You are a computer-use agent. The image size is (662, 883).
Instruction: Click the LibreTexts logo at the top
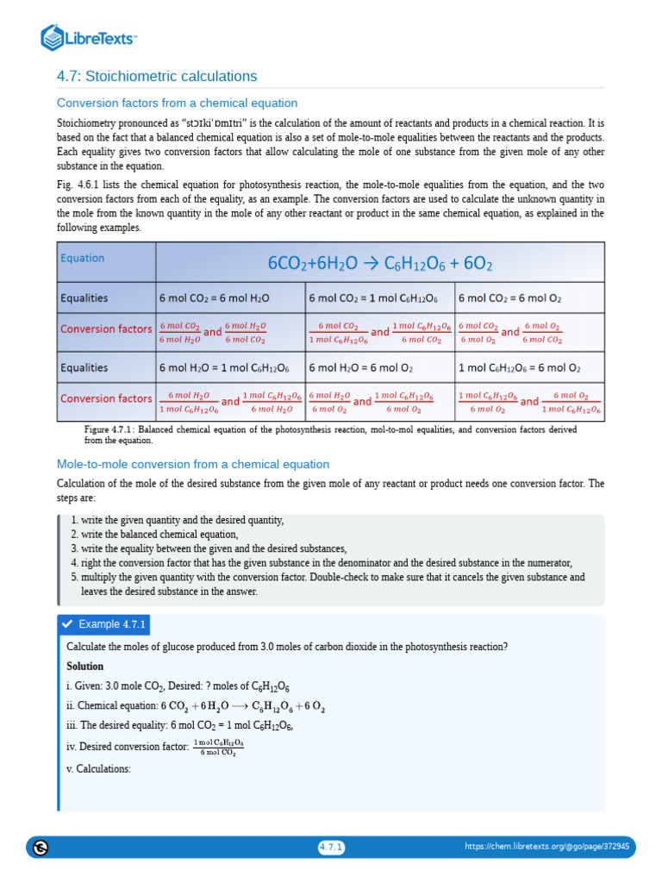click(89, 37)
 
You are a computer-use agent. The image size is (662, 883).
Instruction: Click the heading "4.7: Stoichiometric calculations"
click(157, 76)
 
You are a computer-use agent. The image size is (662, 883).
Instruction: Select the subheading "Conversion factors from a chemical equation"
click(177, 103)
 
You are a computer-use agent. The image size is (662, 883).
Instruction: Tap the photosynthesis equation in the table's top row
click(380, 261)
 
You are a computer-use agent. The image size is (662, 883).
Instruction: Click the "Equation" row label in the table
click(82, 258)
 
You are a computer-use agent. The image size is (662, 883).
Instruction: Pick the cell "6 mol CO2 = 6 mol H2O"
click(215, 298)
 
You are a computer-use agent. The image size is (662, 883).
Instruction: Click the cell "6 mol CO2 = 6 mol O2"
click(509, 298)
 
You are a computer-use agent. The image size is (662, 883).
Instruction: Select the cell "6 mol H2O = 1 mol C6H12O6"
click(224, 367)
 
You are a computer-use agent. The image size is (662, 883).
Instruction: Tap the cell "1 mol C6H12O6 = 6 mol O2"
click(519, 367)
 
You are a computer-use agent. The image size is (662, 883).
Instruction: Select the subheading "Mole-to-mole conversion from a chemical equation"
click(192, 464)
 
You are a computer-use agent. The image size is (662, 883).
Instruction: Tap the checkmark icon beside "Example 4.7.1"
click(67, 624)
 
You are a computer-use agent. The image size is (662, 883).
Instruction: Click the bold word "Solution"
click(84, 667)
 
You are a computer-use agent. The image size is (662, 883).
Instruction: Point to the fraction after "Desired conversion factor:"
click(218, 747)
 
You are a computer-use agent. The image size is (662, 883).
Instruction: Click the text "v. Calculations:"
click(98, 769)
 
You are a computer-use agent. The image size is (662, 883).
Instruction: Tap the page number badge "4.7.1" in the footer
click(331, 848)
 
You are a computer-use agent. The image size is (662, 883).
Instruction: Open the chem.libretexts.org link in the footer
click(546, 847)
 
